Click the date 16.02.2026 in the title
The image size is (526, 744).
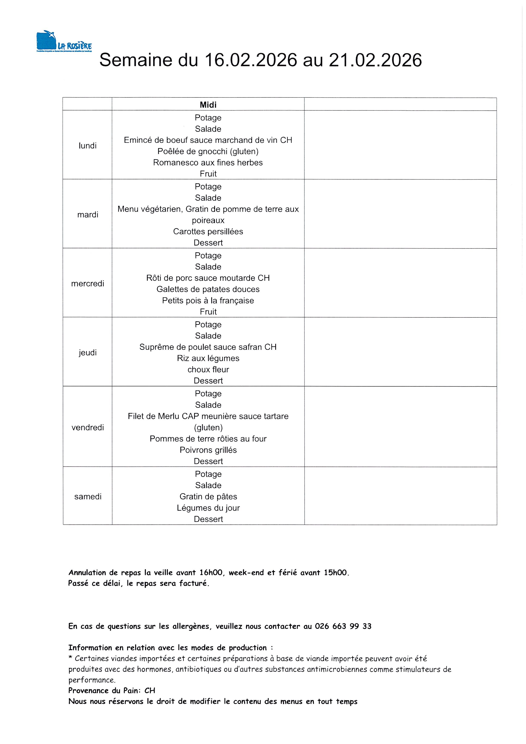251,60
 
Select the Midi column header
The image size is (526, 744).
208,105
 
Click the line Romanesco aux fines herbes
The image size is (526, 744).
208,163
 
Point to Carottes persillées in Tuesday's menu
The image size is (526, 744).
208,232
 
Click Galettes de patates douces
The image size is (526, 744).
208,289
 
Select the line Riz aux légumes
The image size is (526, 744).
208,358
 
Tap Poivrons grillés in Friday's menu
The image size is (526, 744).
208,450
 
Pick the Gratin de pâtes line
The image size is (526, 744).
208,497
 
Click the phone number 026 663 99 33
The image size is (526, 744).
343,626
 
